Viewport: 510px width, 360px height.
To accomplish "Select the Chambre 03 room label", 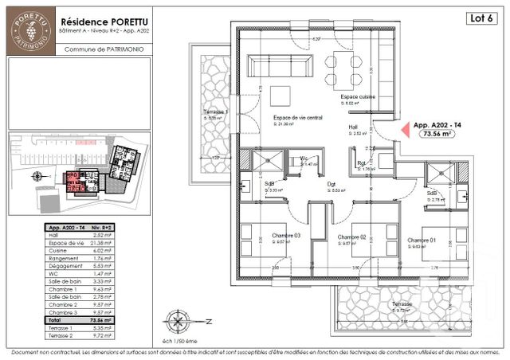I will [285, 237].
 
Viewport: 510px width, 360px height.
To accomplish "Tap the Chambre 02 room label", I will [351, 237].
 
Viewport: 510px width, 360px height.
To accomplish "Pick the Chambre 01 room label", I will [422, 241].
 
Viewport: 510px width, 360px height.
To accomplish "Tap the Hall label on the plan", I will [353, 127].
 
